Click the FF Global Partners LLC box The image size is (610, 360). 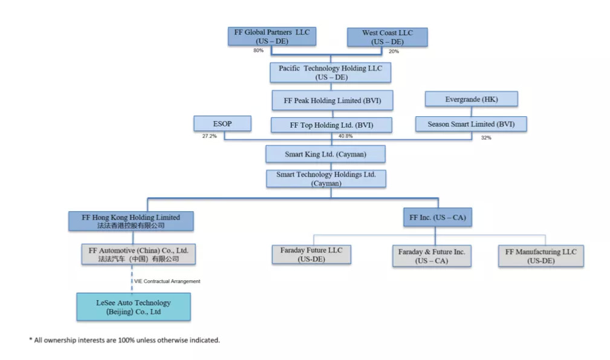click(272, 36)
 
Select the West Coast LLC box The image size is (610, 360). click(388, 37)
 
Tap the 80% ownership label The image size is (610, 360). click(258, 51)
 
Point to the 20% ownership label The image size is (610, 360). click(394, 51)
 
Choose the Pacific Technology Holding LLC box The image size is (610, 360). click(330, 73)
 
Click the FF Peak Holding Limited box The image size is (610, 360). click(331, 100)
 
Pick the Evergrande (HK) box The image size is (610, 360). click(471, 99)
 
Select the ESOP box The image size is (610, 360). click(222, 124)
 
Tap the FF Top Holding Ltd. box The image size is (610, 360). click(331, 125)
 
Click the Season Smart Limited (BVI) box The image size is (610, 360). click(470, 124)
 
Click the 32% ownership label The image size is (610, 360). click(486, 137)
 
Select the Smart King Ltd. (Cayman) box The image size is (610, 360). click(325, 154)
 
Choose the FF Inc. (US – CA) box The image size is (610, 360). click(438, 217)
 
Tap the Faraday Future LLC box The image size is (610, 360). click(311, 254)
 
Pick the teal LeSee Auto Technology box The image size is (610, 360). click(134, 307)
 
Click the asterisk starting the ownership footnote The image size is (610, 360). click(31, 339)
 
